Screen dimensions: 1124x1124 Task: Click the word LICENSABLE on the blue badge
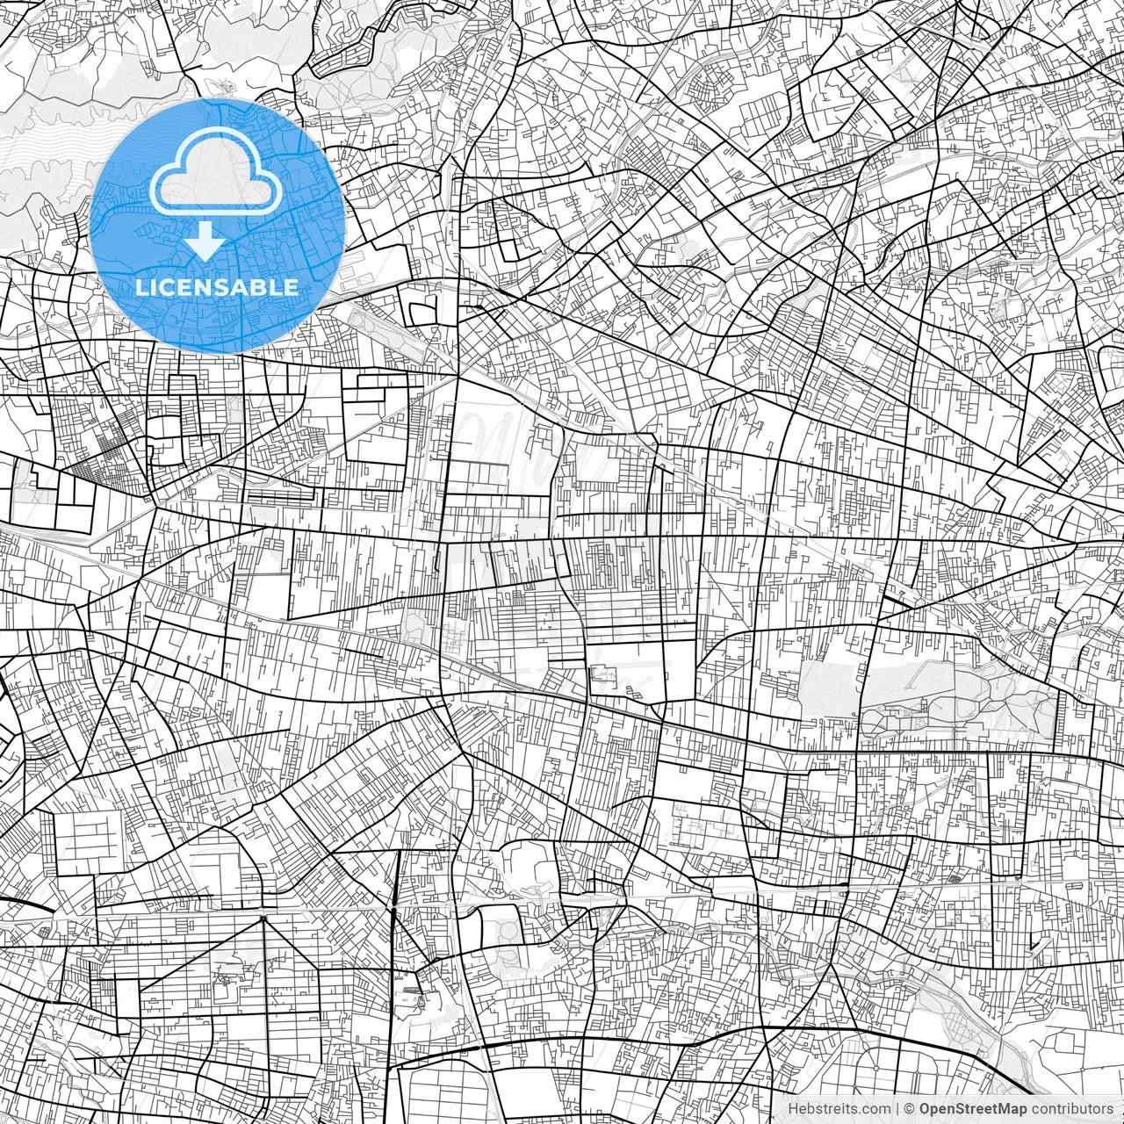pos(217,287)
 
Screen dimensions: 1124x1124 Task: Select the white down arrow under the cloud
pos(205,240)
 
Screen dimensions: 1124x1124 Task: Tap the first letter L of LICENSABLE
pos(142,287)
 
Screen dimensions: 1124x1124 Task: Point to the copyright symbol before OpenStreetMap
pos(910,1108)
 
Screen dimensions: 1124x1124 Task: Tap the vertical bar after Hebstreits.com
pos(897,1108)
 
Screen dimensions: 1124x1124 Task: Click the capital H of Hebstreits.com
pos(793,1108)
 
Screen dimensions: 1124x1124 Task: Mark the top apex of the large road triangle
pos(264,918)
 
